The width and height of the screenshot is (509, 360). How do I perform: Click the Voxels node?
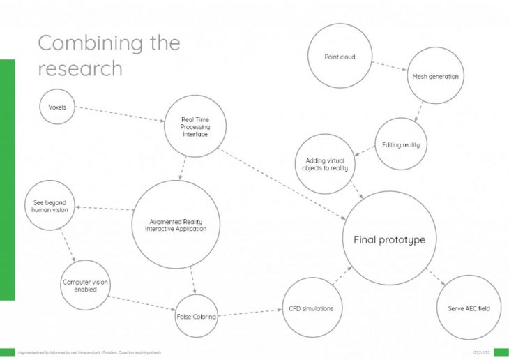click(x=57, y=107)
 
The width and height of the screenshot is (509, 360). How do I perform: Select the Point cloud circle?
click(x=340, y=57)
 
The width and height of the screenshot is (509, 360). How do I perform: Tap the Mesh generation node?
click(x=435, y=76)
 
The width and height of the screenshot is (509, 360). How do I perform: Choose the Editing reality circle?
click(x=400, y=145)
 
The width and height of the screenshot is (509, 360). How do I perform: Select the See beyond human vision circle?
click(x=50, y=206)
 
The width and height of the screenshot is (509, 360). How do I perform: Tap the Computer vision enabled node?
click(x=86, y=285)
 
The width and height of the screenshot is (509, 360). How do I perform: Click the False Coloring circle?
click(x=196, y=316)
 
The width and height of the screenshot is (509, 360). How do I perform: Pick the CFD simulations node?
click(x=311, y=308)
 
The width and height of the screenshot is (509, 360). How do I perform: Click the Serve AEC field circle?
click(x=469, y=308)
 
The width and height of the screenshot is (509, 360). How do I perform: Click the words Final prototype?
click(x=389, y=239)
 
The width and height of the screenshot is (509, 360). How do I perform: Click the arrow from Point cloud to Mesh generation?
click(x=389, y=66)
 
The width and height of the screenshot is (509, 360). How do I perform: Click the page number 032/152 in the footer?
click(x=482, y=352)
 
